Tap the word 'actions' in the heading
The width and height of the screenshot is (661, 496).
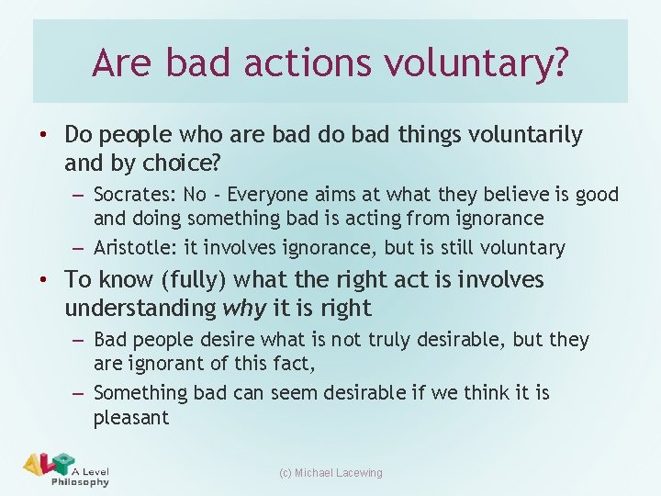(303, 63)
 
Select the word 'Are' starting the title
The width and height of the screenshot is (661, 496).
(125, 63)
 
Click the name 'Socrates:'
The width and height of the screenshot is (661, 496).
(134, 195)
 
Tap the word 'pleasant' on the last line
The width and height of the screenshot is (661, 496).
(131, 418)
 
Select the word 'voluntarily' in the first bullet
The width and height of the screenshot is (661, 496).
(528, 135)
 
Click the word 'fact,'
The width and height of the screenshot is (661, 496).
(292, 365)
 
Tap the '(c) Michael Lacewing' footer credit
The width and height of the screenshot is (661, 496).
(330, 473)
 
